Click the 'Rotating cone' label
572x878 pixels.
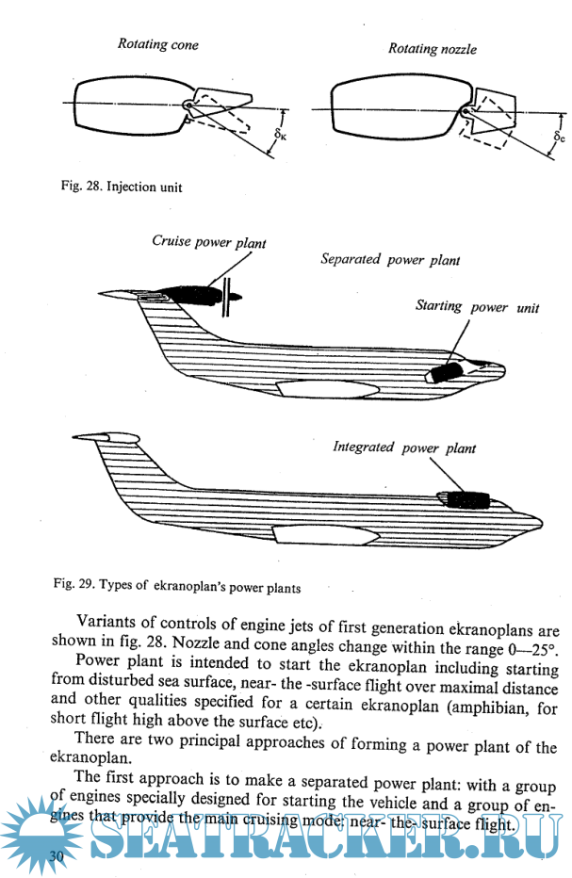click(x=157, y=44)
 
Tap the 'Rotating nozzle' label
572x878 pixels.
click(x=433, y=49)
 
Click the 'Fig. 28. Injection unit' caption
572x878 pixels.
click(x=122, y=187)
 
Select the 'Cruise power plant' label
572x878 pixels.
click(x=209, y=242)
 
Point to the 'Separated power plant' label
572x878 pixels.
click(x=390, y=259)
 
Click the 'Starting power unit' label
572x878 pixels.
click(x=477, y=307)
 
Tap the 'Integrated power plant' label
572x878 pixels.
click(x=404, y=447)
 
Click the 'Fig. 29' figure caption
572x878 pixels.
click(x=177, y=587)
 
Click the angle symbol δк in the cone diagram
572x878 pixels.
click(x=280, y=136)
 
